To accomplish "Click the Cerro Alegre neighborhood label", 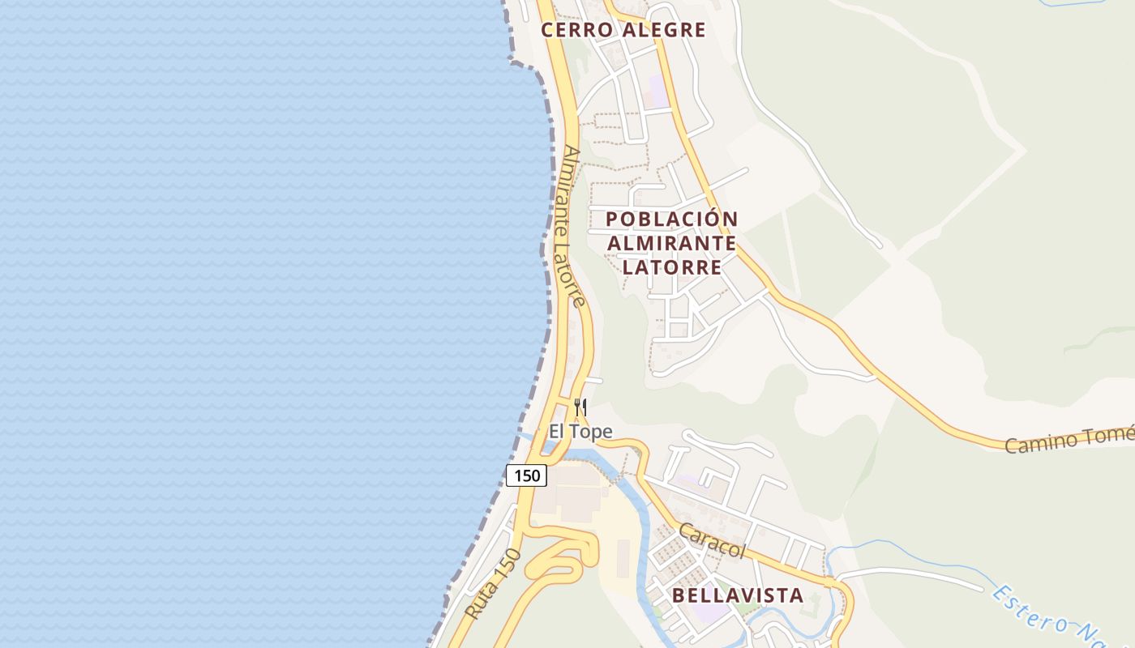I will (x=623, y=30).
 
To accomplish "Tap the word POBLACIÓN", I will (x=671, y=219).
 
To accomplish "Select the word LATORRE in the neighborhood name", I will (x=672, y=267).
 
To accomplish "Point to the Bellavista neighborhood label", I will (x=738, y=595).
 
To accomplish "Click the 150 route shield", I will (x=526, y=475).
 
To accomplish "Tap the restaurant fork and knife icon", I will (x=580, y=407).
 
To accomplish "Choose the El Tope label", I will (x=580, y=432).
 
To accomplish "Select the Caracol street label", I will (x=712, y=540).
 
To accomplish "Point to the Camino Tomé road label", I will (x=1069, y=440).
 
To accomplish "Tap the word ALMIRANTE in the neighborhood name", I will (x=672, y=243).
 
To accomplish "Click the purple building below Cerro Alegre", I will (x=657, y=92).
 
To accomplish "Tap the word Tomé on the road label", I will (x=1115, y=435).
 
